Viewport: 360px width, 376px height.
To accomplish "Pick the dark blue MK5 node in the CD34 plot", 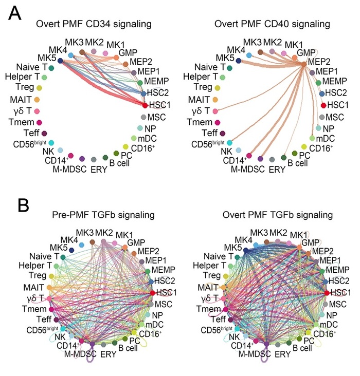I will pyautogui.click(x=60, y=61).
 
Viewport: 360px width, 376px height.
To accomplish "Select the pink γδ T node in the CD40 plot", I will pyautogui.click(x=215, y=111).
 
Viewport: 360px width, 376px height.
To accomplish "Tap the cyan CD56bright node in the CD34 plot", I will pyautogui.click(x=51, y=142).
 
